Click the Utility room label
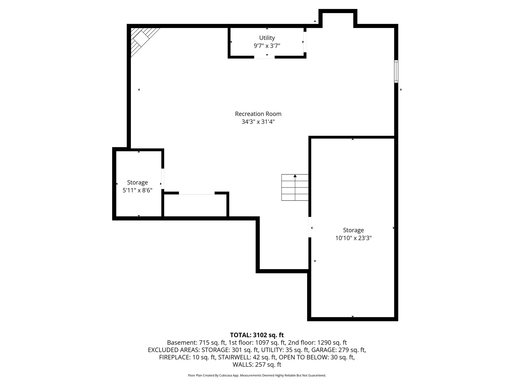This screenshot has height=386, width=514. [267, 38]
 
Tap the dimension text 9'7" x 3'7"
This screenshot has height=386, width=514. [267, 46]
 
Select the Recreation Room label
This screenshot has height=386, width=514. [258, 114]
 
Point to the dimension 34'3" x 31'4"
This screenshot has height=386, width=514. [258, 122]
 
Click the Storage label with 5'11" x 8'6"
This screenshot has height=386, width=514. [137, 182]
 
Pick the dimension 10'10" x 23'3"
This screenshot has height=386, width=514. [353, 238]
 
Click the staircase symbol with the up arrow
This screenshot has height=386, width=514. [295, 187]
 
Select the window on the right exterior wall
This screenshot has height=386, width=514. [396, 71]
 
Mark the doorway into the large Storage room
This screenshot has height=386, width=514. [310, 227]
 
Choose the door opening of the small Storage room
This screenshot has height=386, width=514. [163, 179]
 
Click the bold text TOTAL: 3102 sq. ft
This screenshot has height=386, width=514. [257, 335]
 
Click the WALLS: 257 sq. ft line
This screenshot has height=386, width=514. [257, 365]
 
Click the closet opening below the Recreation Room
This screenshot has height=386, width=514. [197, 193]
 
